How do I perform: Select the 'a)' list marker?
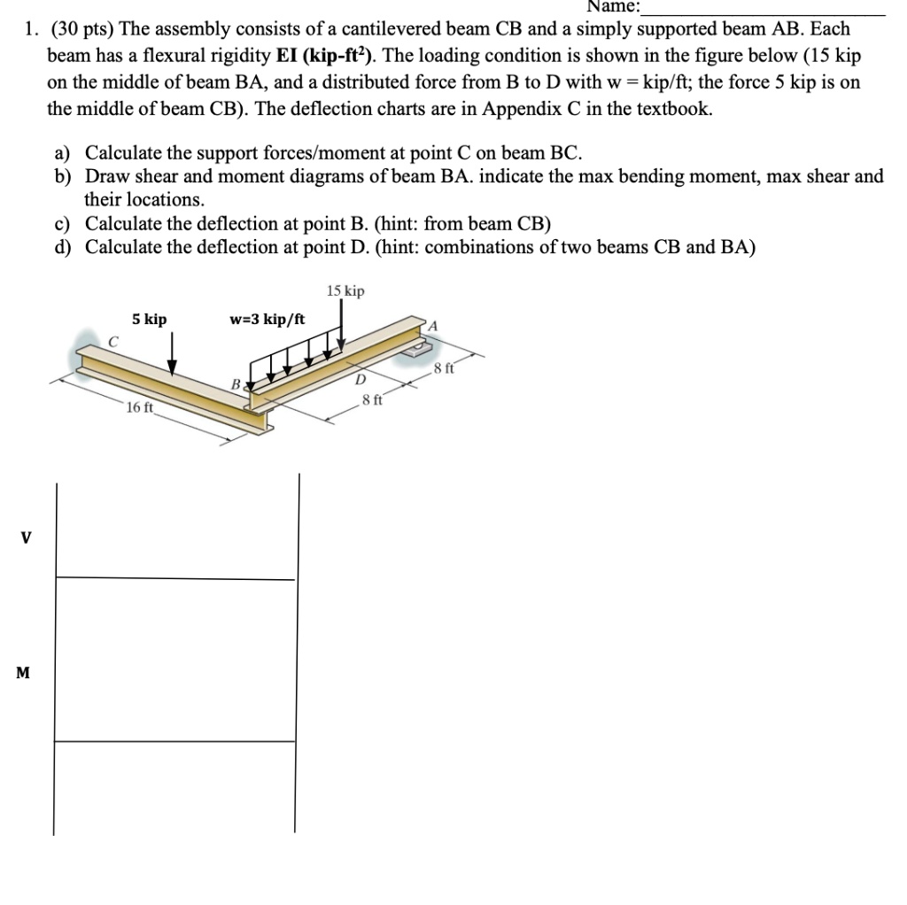point(63,152)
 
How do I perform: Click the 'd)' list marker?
point(63,246)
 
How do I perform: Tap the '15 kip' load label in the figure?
point(345,291)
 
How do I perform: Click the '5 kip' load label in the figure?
point(149,319)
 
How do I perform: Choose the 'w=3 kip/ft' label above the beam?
point(267,319)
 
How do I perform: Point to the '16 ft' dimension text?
point(140,407)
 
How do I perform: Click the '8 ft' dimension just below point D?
point(372,399)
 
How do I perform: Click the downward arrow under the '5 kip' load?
point(172,354)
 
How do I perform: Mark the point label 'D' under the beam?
point(359,380)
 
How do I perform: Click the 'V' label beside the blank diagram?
point(25,537)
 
